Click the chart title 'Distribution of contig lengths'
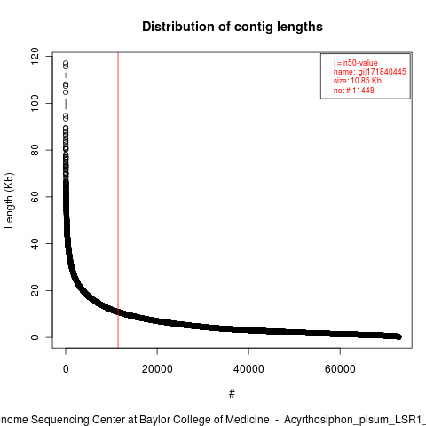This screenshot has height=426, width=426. (x=233, y=27)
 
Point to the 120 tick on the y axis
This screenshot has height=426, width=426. (x=35, y=56)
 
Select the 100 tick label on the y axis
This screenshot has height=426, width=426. (x=35, y=103)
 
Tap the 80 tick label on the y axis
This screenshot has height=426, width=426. (x=35, y=150)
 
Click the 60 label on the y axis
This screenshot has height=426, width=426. (x=35, y=197)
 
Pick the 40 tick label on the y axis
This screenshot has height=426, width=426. (x=35, y=243)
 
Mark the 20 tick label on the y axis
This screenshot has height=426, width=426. (x=35, y=290)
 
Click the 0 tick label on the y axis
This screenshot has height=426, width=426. (x=35, y=337)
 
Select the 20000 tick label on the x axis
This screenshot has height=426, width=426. (x=157, y=369)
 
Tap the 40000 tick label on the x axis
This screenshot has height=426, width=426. (x=248, y=369)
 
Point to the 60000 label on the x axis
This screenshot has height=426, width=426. (x=340, y=369)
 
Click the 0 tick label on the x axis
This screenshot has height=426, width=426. (x=66, y=369)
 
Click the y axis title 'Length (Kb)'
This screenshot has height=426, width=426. (x=9, y=201)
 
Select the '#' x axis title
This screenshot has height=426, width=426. (x=232, y=393)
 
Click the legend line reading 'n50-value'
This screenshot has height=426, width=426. (x=356, y=63)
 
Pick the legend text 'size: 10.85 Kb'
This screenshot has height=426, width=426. (x=358, y=81)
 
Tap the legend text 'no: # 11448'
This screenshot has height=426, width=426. (x=354, y=90)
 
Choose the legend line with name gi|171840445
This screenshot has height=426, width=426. (x=370, y=72)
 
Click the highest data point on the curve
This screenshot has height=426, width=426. (x=66, y=63)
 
